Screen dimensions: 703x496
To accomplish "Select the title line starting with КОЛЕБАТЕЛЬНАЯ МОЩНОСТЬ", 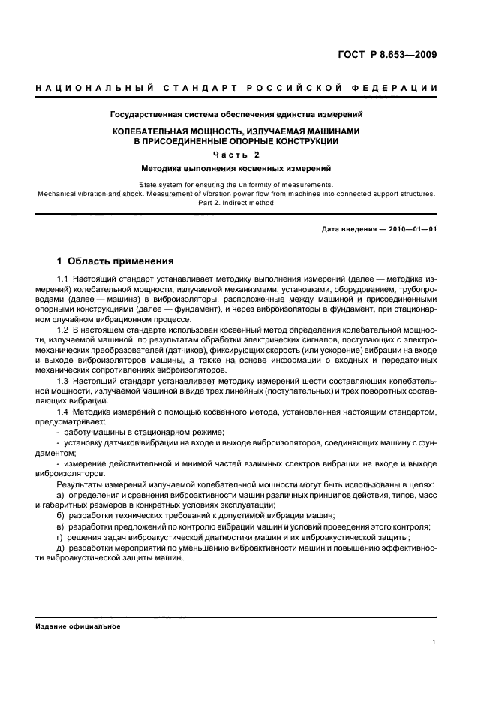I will point(236,131).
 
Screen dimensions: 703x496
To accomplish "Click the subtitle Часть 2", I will point(236,155).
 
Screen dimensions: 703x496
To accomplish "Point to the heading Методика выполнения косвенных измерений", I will point(236,169).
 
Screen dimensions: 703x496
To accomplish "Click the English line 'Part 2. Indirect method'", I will point(236,202).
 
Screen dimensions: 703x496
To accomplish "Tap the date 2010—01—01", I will point(412,228).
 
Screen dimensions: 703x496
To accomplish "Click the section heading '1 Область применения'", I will point(116,261).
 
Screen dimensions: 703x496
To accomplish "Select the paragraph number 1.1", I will point(63,280).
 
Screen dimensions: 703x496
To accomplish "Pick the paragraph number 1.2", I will point(63,330).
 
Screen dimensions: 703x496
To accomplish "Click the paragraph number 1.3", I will point(63,380).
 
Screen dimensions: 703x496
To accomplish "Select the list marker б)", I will point(61,516).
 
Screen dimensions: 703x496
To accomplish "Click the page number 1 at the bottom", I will point(434,642).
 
